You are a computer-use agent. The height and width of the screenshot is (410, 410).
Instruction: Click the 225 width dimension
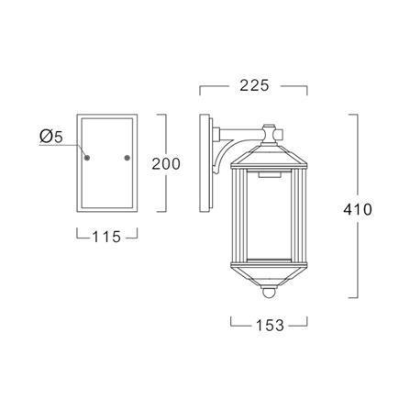[x=254, y=85]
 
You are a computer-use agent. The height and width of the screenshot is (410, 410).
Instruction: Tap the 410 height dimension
[x=358, y=210]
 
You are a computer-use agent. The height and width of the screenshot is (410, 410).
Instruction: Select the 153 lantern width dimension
[x=270, y=326]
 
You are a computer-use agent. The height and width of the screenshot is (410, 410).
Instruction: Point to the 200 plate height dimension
[x=166, y=164]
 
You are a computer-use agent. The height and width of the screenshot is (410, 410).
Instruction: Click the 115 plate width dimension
[x=106, y=237]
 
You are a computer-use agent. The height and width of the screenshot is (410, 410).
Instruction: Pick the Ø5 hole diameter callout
[x=51, y=136]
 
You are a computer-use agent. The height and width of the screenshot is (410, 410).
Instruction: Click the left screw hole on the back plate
[x=87, y=158]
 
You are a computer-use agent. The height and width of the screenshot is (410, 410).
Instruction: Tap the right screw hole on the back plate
[x=127, y=158]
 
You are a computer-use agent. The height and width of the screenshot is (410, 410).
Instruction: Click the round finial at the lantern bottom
[x=269, y=293]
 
